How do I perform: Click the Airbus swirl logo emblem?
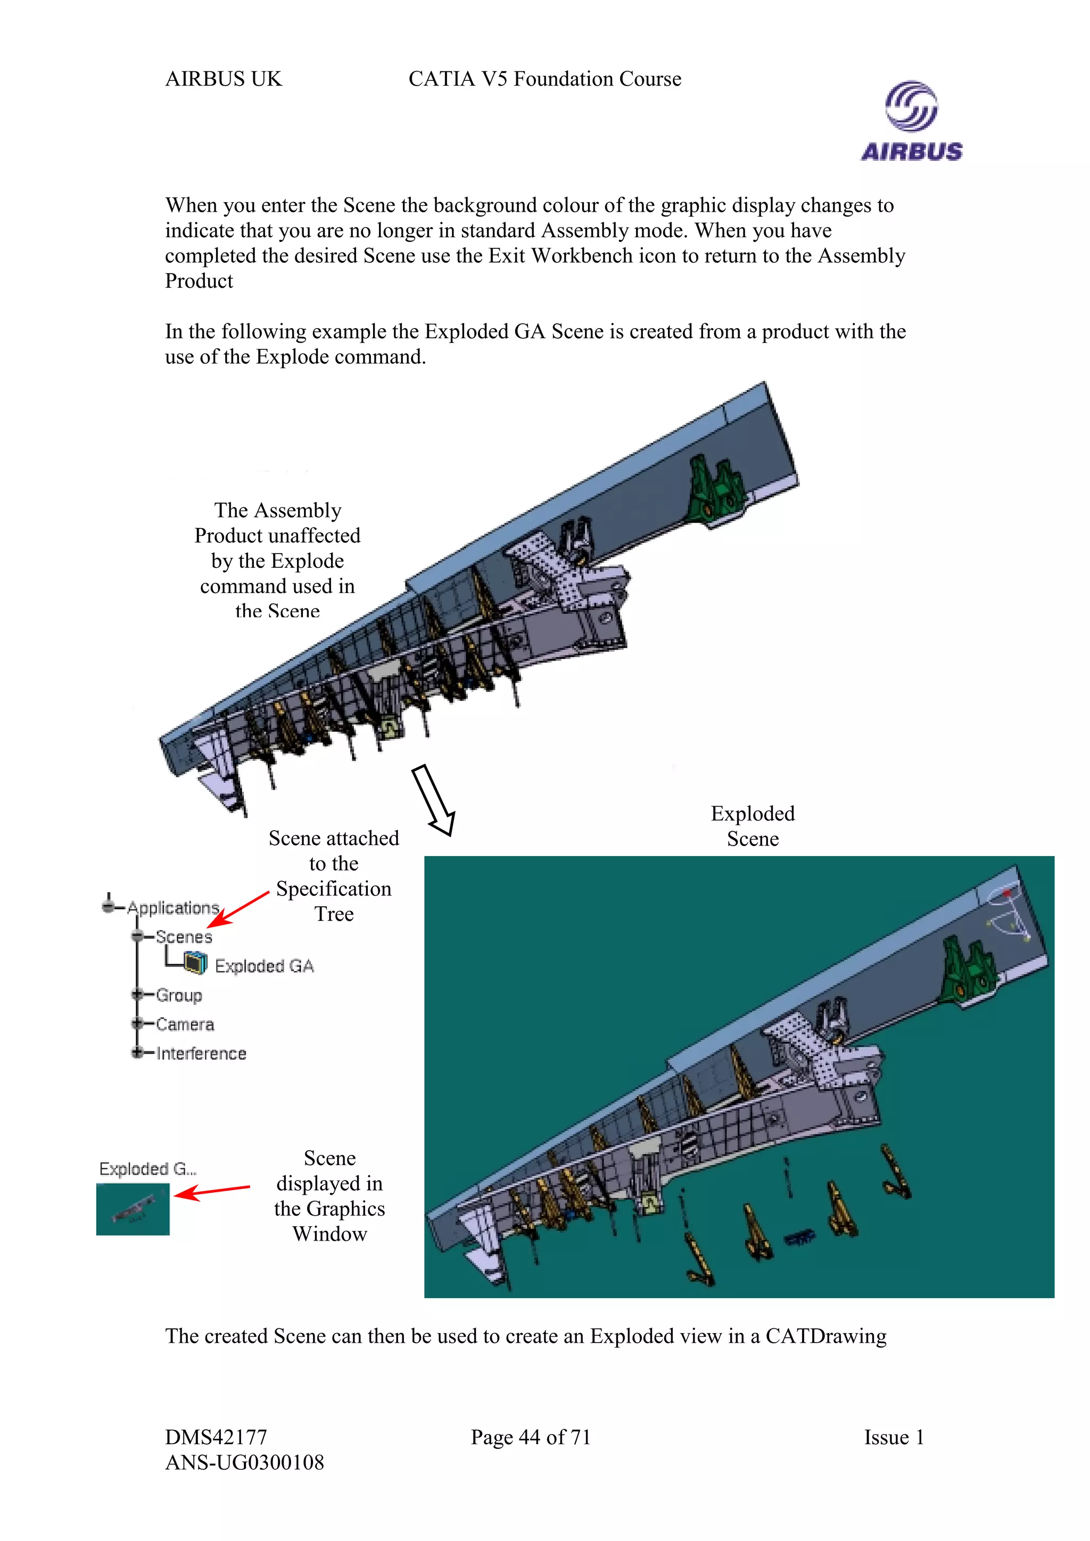911,105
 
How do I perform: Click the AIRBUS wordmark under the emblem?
911,152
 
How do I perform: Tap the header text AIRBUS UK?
223,79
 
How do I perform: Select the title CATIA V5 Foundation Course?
544,79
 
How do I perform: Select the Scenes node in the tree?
183,936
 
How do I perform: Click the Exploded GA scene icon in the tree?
195,964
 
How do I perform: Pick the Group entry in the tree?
179,995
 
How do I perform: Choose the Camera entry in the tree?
185,1024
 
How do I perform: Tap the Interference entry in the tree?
201,1054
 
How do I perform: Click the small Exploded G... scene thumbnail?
133,1209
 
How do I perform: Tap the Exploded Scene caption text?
752,826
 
